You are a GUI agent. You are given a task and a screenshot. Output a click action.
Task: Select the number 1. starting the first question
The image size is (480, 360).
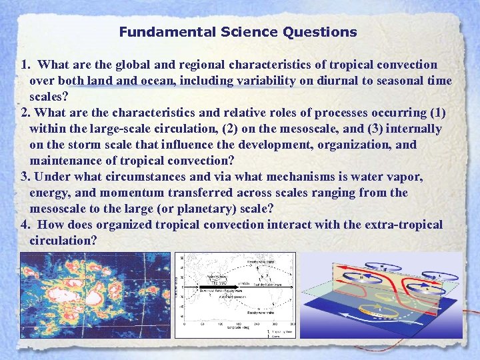(x=27, y=65)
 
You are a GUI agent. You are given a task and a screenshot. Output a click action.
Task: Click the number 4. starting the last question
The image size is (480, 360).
(x=27, y=225)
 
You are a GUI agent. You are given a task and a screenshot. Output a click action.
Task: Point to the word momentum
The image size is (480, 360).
(x=119, y=193)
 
